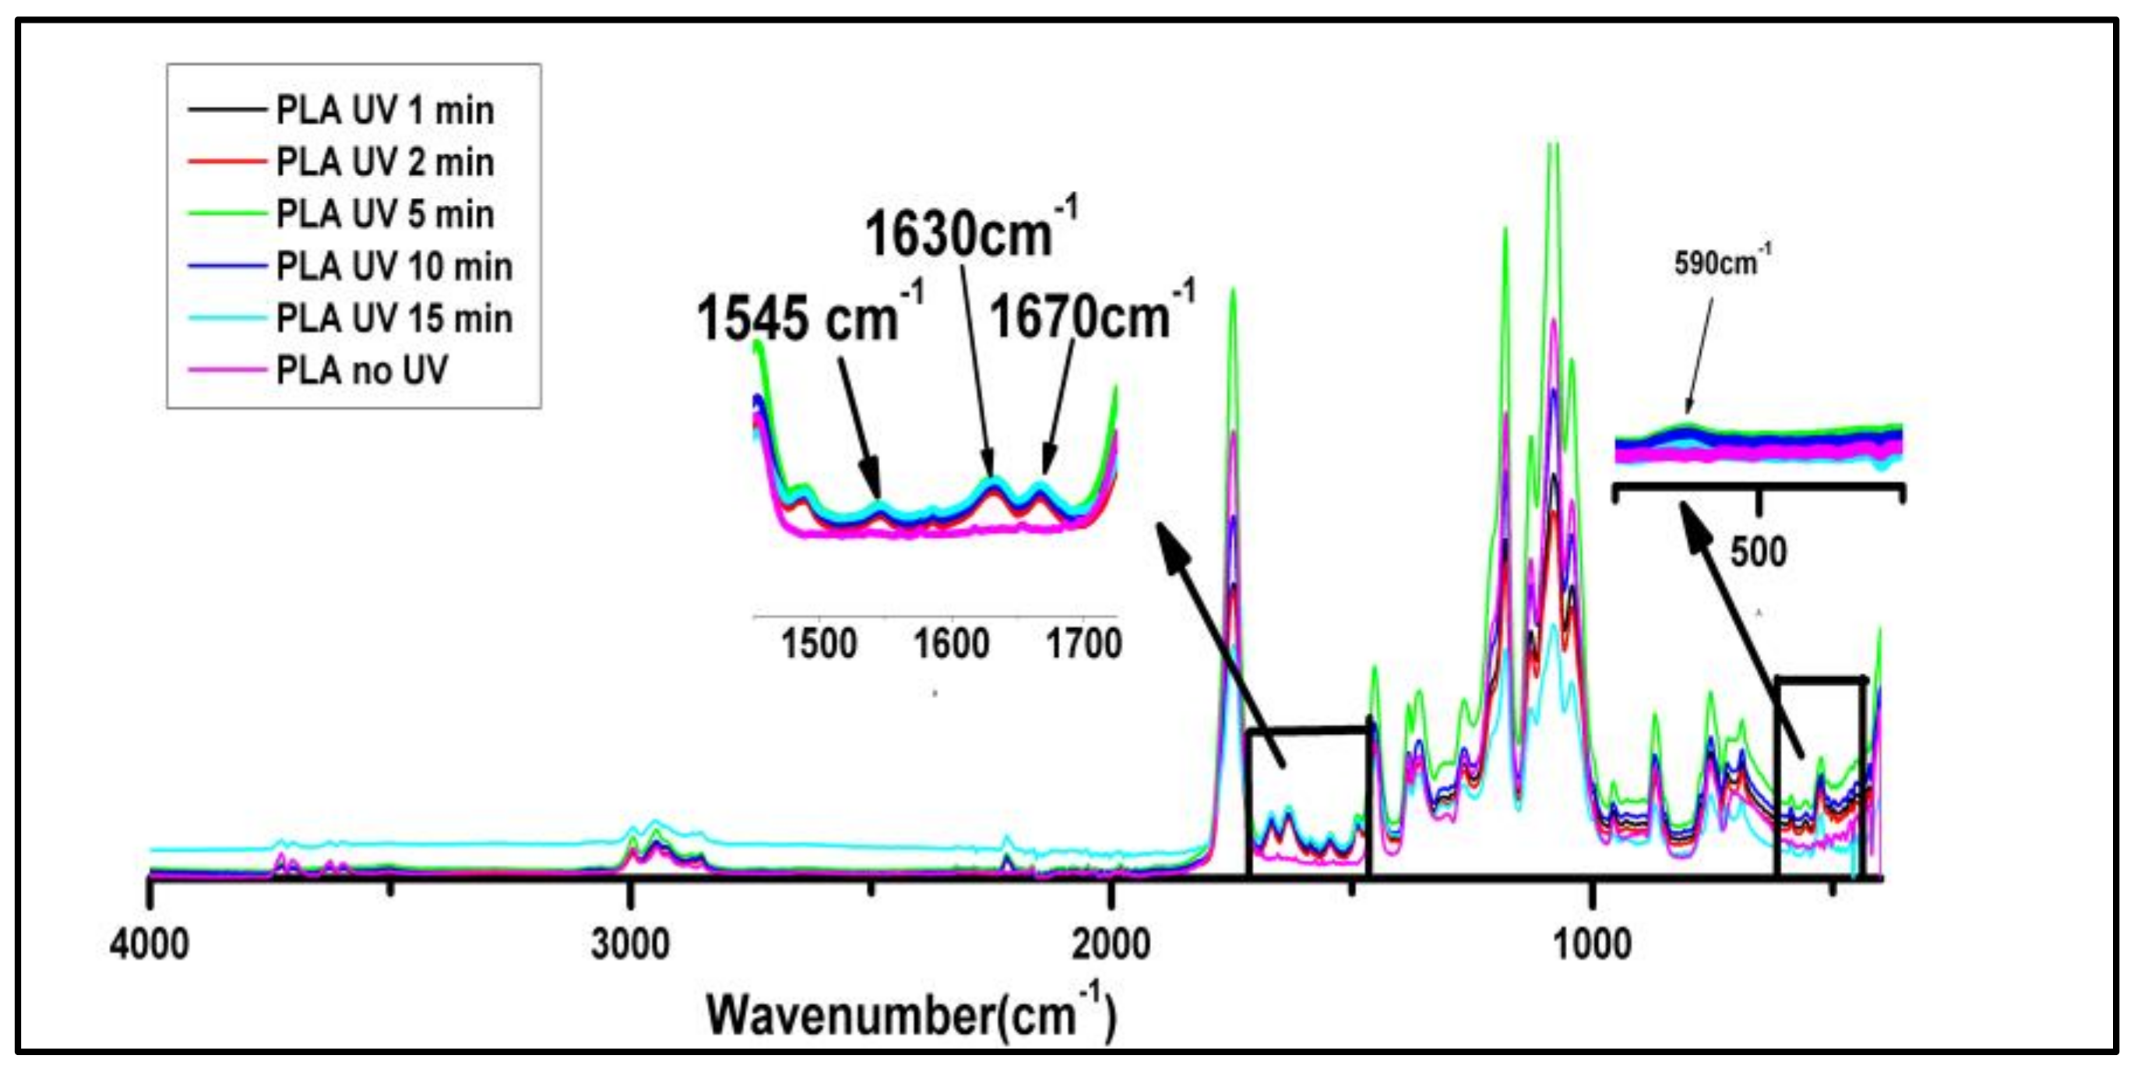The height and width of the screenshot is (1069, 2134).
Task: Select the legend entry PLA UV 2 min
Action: pos(385,162)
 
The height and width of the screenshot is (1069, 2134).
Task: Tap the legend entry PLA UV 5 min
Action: pos(385,214)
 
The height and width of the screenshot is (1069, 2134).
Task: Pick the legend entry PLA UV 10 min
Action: pos(393,266)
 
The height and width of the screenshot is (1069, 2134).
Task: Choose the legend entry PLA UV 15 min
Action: pos(393,319)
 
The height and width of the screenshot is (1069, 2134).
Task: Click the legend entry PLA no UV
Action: pos(361,370)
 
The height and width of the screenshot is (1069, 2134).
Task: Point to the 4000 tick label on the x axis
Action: pos(149,944)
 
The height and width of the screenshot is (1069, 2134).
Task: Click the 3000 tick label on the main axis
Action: pos(630,944)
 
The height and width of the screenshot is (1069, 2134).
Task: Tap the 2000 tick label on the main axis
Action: pos(1111,944)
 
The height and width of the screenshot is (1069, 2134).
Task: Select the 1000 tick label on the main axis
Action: pos(1592,944)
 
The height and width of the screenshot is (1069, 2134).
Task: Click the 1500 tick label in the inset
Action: pos(819,644)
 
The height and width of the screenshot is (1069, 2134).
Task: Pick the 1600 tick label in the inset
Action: pos(951,644)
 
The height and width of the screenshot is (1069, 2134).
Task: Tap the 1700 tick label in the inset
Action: pos(1083,644)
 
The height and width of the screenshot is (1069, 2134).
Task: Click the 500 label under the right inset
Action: pos(1759,552)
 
